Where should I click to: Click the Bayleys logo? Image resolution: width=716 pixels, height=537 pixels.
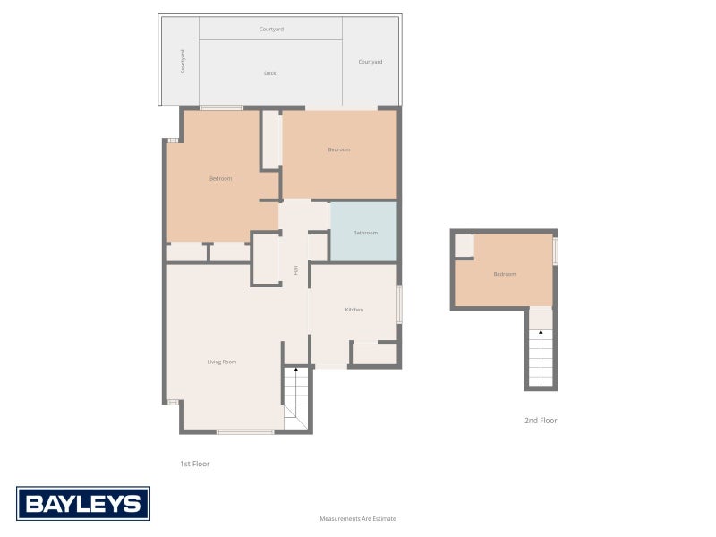tap(83, 503)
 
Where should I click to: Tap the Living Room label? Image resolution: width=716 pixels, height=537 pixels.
tap(222, 362)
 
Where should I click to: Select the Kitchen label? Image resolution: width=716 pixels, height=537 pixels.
tap(354, 310)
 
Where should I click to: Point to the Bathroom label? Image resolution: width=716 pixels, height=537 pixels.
tap(365, 233)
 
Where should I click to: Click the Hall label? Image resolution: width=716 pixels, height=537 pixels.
tap(296, 270)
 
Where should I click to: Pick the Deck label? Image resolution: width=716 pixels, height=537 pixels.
tap(270, 73)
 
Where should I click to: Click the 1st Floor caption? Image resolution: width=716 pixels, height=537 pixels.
tap(194, 464)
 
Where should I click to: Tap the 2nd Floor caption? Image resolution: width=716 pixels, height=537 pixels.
tap(541, 421)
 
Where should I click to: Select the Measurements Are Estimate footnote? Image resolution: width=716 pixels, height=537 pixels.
tap(358, 519)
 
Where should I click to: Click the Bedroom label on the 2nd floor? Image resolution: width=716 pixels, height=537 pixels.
tap(505, 274)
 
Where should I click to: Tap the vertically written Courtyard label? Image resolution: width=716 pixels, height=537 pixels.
tap(183, 62)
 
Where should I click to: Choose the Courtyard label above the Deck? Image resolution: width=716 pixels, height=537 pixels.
tap(272, 30)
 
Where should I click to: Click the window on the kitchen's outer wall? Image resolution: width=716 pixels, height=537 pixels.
tap(399, 304)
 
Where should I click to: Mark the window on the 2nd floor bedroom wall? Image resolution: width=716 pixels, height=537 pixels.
tap(555, 251)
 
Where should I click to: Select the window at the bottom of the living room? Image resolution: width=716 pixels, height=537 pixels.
tap(245, 431)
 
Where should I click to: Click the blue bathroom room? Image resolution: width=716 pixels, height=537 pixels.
tap(364, 232)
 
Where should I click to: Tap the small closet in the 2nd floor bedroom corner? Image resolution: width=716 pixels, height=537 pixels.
tap(465, 245)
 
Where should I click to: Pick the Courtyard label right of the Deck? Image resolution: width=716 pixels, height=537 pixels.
tap(371, 62)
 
